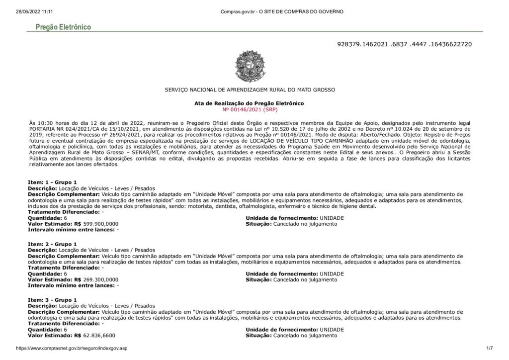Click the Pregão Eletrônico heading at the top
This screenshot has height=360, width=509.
pyautogui.click(x=63, y=27)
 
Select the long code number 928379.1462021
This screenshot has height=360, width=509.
pyautogui.click(x=404, y=44)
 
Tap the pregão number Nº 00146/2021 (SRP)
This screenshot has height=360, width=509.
pyautogui.click(x=249, y=108)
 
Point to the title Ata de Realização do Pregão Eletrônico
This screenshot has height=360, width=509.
pyautogui.click(x=249, y=103)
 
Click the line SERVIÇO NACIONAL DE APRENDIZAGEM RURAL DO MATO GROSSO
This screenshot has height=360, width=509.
pyautogui.click(x=250, y=90)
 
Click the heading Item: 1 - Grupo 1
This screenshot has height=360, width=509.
pyautogui.click(x=52, y=182)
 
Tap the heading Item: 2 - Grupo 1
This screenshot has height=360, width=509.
pyautogui.click(x=52, y=244)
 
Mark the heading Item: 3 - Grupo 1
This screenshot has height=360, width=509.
pyautogui.click(x=52, y=300)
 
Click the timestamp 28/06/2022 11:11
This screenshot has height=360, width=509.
pyautogui.click(x=34, y=11)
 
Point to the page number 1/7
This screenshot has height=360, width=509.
pyautogui.click(x=489, y=349)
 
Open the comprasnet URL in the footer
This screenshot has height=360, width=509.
pyautogui.click(x=72, y=349)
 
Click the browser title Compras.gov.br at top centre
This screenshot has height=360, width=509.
pyautogui.click(x=281, y=11)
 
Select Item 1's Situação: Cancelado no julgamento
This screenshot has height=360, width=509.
pyautogui.click(x=291, y=224)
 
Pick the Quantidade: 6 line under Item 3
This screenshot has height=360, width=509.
pyautogui.click(x=47, y=330)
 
